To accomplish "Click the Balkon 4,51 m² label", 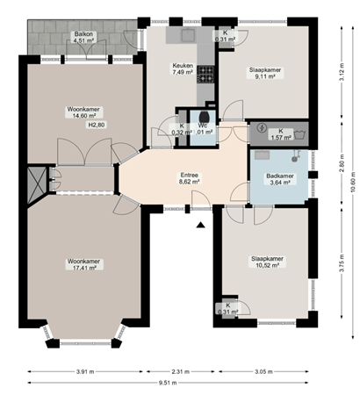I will [x=83, y=37].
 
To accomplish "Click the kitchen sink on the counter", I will [x=186, y=36].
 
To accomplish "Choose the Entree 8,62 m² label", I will [x=189, y=179].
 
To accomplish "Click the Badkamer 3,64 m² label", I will [x=281, y=179].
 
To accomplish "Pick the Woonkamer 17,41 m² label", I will [x=83, y=265].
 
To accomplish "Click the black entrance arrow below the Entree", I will [x=200, y=226].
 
